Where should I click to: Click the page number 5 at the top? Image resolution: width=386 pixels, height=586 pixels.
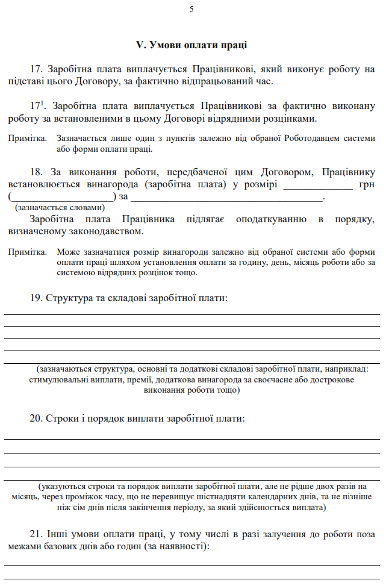[191, 9]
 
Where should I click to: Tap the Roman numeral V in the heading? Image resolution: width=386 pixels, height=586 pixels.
[140, 45]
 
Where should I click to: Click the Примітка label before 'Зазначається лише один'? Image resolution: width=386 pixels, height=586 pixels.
[28, 139]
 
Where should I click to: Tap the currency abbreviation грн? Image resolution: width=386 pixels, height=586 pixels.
[367, 184]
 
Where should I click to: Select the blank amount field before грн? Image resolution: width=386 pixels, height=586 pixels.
[317, 184]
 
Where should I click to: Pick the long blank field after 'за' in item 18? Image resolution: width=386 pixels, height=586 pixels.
[227, 196]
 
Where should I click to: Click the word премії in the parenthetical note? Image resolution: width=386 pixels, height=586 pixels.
[140, 380]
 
